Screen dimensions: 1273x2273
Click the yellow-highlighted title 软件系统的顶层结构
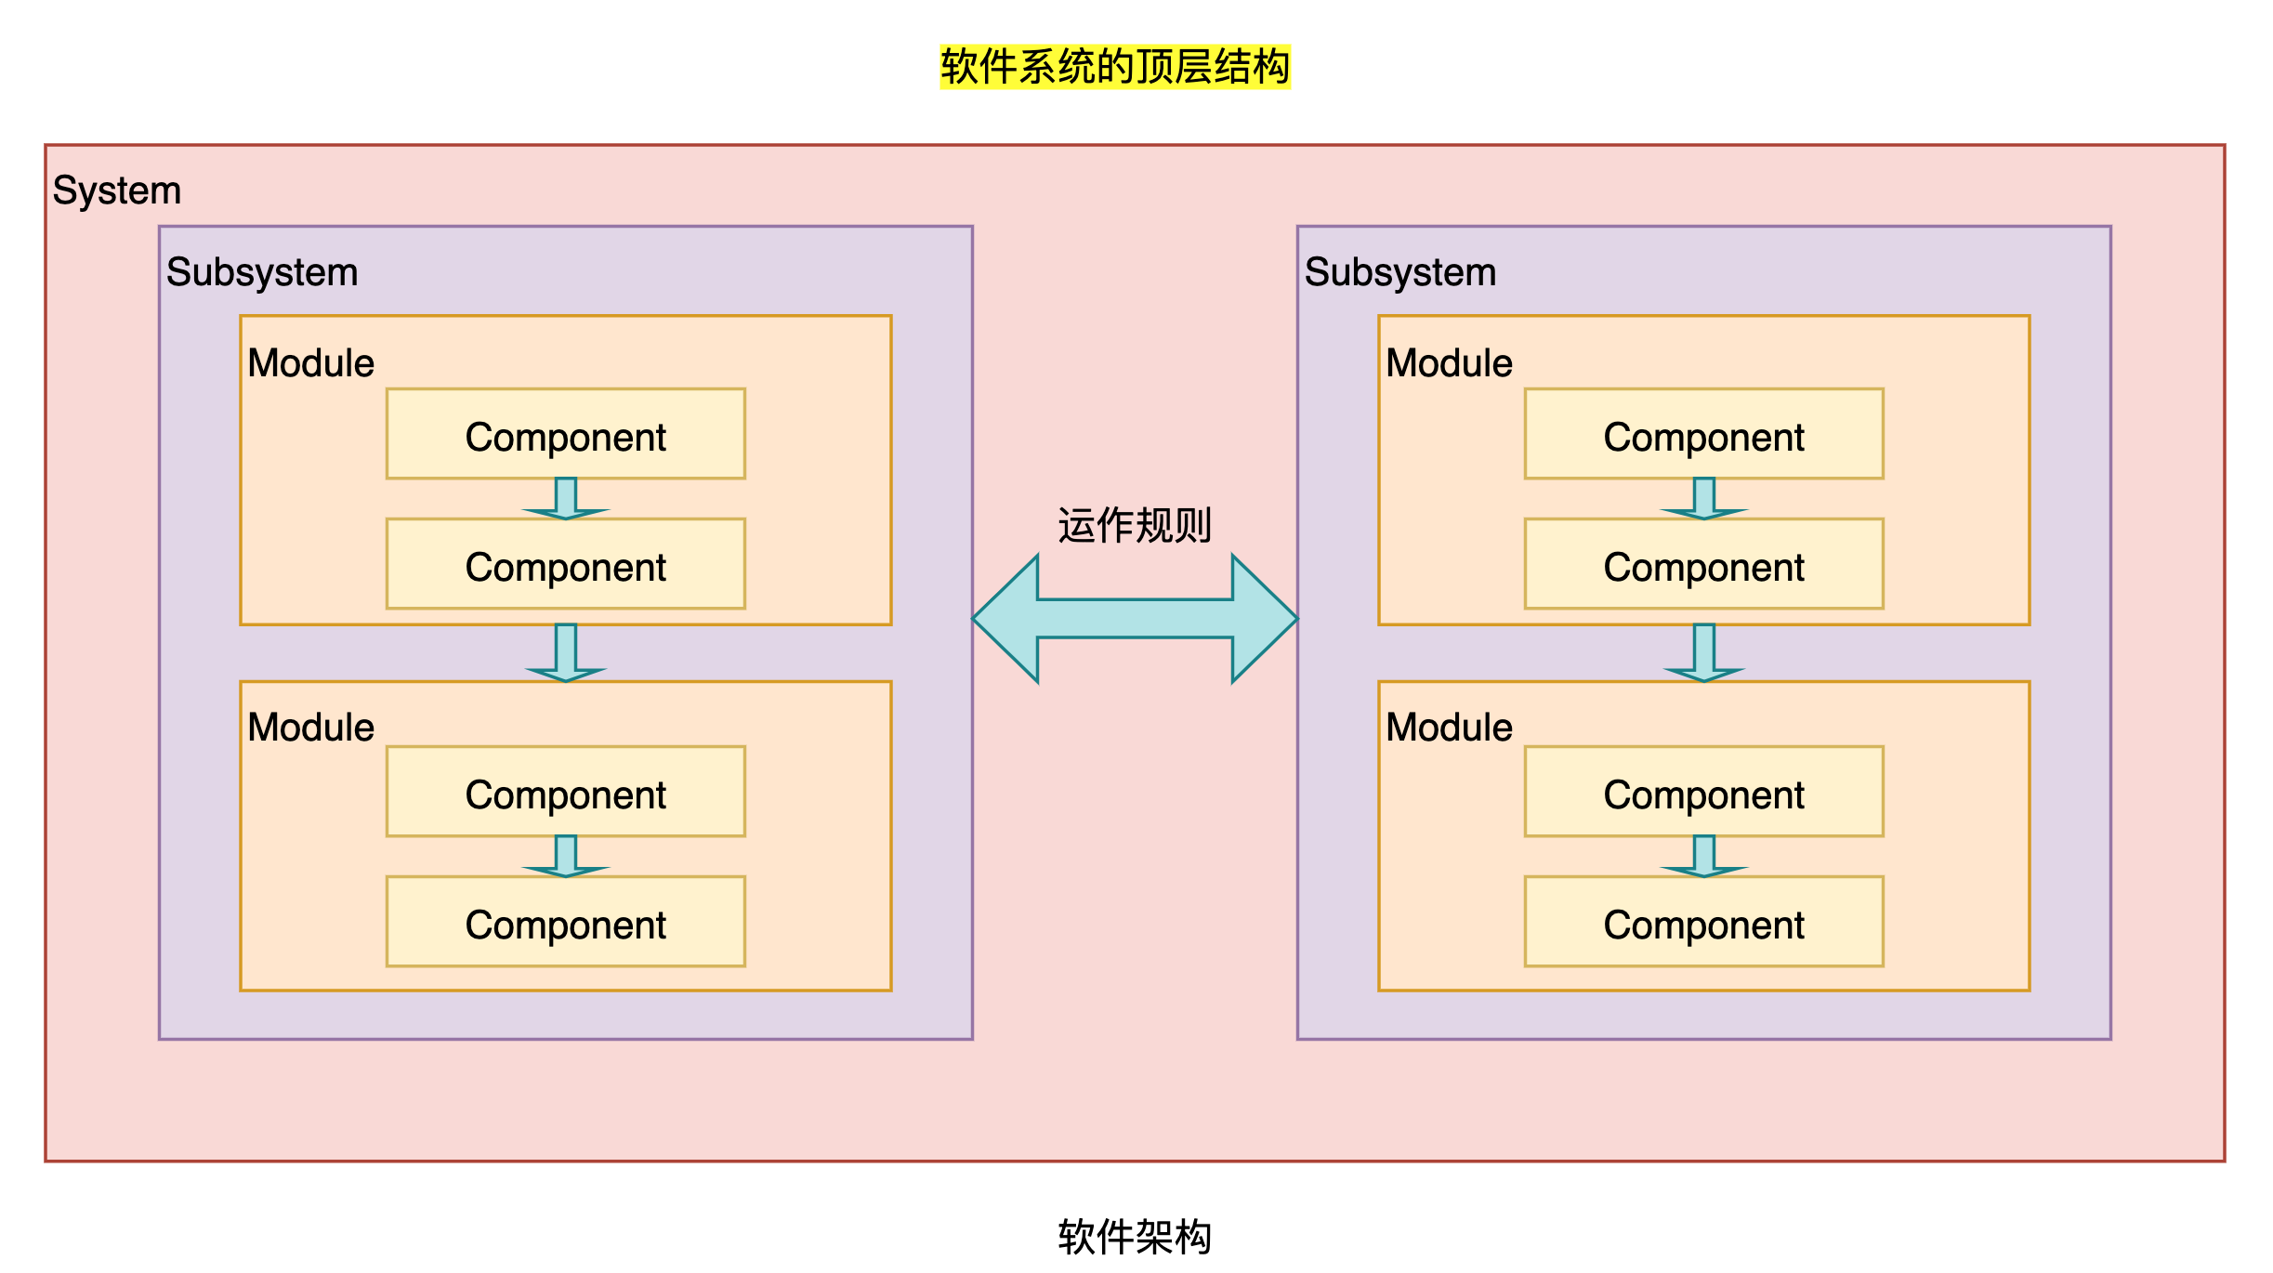(x=1115, y=67)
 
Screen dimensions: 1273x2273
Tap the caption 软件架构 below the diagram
(x=1135, y=1237)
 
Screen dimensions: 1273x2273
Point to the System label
(x=117, y=190)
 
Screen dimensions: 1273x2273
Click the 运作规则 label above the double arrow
(x=1135, y=525)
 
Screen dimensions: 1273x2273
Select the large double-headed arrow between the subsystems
(x=1135, y=619)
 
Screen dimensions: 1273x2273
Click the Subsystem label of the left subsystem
(x=262, y=272)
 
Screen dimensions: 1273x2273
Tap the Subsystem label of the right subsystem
(x=1400, y=272)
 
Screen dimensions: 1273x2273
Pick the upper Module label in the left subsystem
(x=310, y=363)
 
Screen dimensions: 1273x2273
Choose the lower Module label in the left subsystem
(x=310, y=728)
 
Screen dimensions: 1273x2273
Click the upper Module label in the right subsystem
(x=1449, y=363)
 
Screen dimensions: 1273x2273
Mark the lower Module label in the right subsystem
(x=1449, y=728)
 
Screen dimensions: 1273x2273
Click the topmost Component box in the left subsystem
(x=566, y=435)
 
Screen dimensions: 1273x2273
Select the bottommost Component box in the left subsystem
(x=566, y=922)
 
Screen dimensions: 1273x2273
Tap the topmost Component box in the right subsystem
(x=1704, y=435)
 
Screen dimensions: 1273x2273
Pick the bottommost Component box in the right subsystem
(x=1704, y=922)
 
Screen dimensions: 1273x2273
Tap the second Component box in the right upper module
(x=1704, y=565)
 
